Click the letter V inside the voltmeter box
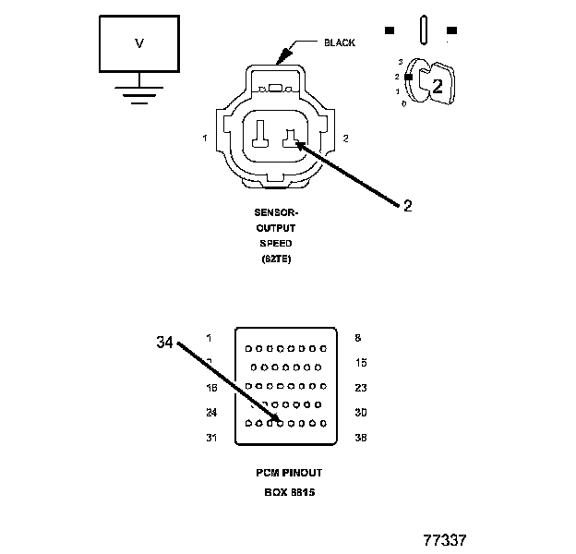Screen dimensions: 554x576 pos(139,42)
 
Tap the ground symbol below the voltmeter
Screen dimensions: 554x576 pos(139,94)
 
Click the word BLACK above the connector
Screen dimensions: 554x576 pos(340,42)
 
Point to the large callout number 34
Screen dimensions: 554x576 pos(164,343)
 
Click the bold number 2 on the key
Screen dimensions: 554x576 pos(438,87)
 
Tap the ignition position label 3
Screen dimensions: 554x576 pos(401,61)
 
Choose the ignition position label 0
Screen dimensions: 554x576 pos(403,103)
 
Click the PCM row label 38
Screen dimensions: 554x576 pos(362,438)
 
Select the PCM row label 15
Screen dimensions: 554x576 pos(362,362)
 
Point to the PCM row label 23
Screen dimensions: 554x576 pos(362,388)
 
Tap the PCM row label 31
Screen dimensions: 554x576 pos(211,438)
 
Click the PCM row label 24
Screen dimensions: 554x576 pos(211,413)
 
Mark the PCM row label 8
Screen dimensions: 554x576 pos(358,338)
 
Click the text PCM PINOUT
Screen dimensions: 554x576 pos(289,473)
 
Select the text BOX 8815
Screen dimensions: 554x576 pos(289,492)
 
